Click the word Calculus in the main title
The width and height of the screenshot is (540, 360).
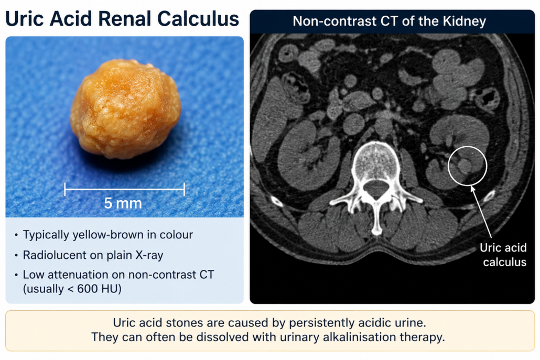click(x=198, y=19)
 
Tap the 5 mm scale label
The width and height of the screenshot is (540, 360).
click(x=123, y=203)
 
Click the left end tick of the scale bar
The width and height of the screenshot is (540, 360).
click(x=64, y=189)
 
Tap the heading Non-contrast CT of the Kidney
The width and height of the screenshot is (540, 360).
click(x=389, y=21)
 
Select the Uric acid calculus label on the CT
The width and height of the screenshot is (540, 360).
click(x=503, y=255)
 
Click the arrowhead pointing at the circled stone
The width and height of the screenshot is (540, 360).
click(x=472, y=188)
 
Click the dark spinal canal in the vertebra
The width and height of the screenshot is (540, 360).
click(x=376, y=188)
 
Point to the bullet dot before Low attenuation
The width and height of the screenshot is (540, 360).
click(x=16, y=275)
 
